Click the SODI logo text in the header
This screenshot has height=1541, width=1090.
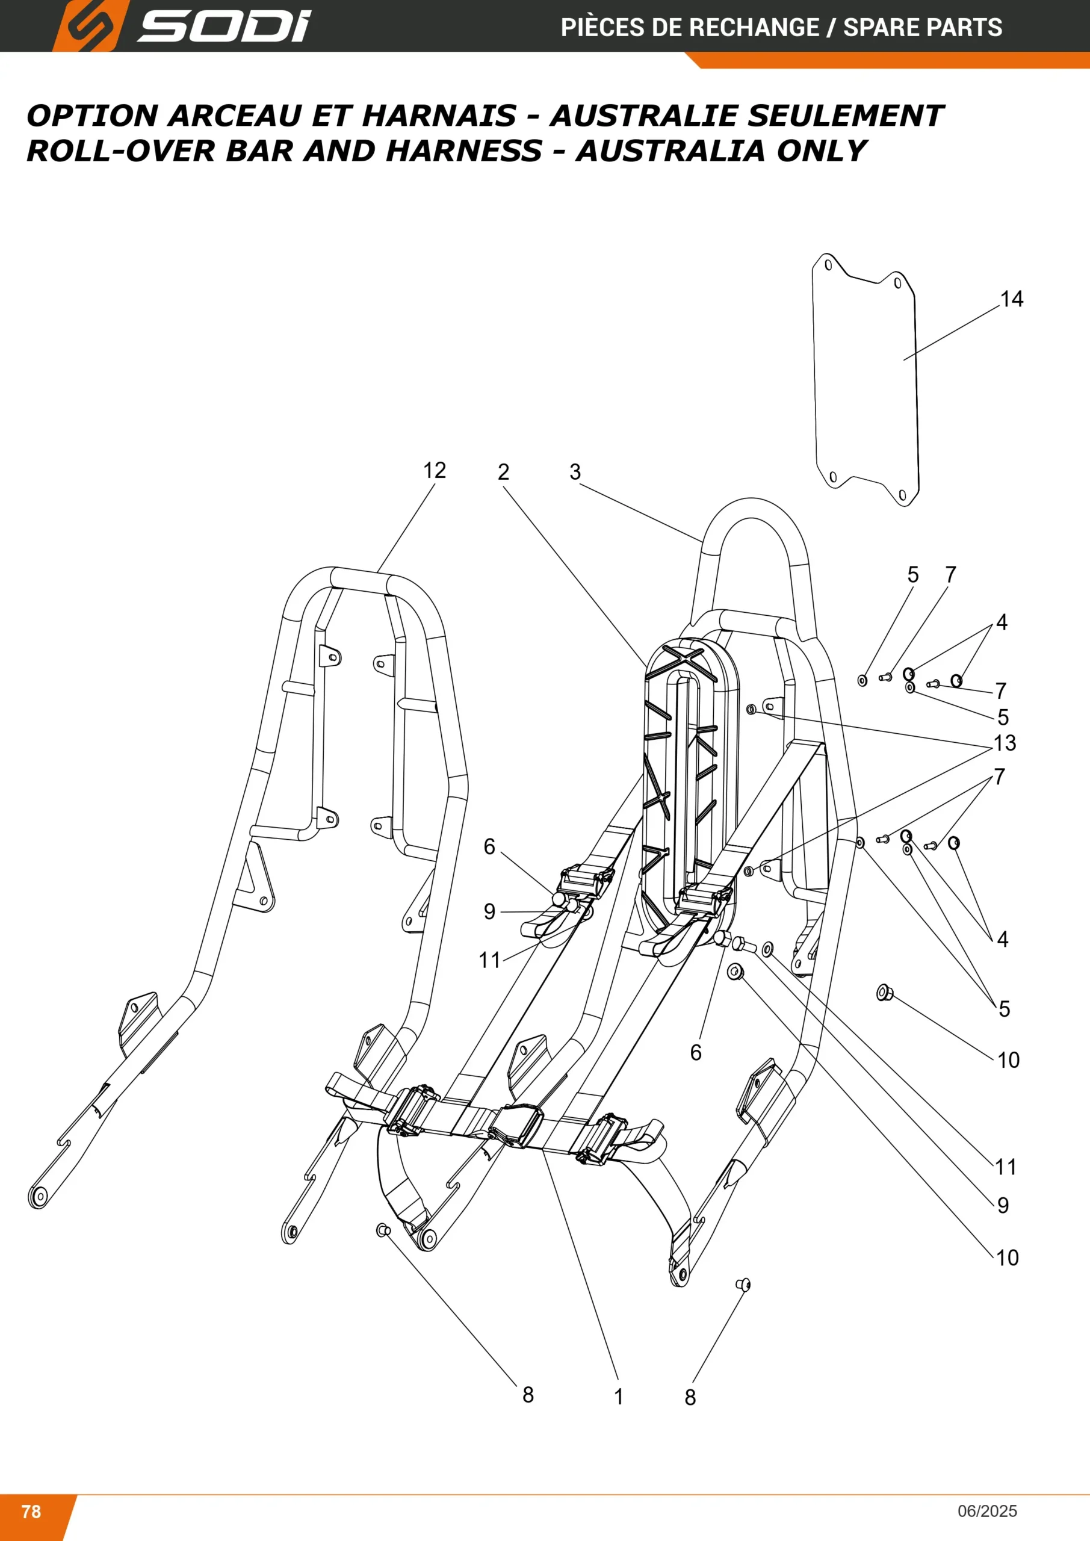pos(224,26)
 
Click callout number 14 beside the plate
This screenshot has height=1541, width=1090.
pos(1012,299)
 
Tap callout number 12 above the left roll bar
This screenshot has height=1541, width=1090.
pos(435,470)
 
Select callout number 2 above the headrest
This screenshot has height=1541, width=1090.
pos(503,472)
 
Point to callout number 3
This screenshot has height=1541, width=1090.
pos(575,472)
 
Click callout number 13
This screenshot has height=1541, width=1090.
pos(1005,743)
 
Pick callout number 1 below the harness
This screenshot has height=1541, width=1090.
pos(619,1397)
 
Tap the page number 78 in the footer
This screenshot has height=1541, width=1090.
pos(31,1511)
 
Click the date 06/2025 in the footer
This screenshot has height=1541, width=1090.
pos(987,1511)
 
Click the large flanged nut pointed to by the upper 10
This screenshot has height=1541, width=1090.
pos(884,992)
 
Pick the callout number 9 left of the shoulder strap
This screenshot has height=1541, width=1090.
pos(489,911)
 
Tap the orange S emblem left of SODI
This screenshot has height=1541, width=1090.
pos(87,26)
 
